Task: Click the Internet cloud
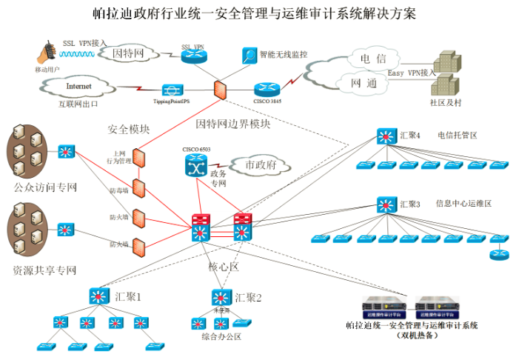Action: coord(78,87)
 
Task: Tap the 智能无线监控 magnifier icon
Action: coord(249,55)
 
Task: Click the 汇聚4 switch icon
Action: coord(386,136)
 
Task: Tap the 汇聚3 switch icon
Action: coord(386,204)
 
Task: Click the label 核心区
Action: coord(221,265)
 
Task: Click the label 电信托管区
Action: coord(458,136)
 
